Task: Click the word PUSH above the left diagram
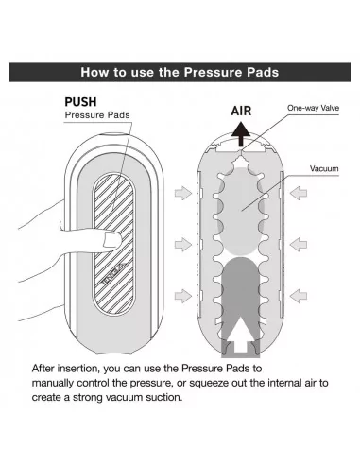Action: point(80,102)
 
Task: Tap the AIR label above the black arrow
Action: point(241,111)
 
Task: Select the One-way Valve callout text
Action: point(313,108)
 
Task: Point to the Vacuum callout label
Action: point(324,168)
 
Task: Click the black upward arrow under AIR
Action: point(241,134)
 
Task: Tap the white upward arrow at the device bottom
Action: point(241,335)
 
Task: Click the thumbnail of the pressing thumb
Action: point(111,240)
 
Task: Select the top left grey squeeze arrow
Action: point(183,193)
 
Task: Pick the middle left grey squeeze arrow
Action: point(183,244)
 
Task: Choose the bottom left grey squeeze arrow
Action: point(183,296)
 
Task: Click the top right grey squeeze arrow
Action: point(299,193)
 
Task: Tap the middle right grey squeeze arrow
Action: point(299,244)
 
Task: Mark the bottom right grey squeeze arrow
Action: point(299,296)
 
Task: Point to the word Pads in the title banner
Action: point(263,72)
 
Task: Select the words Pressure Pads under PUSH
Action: point(97,115)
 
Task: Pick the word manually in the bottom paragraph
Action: point(53,383)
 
